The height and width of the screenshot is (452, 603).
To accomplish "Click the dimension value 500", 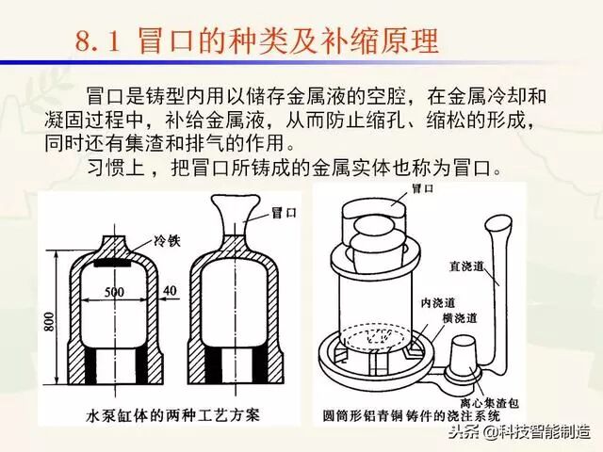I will [115, 293].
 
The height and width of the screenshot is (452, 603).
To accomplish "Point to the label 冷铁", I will [139, 240].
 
